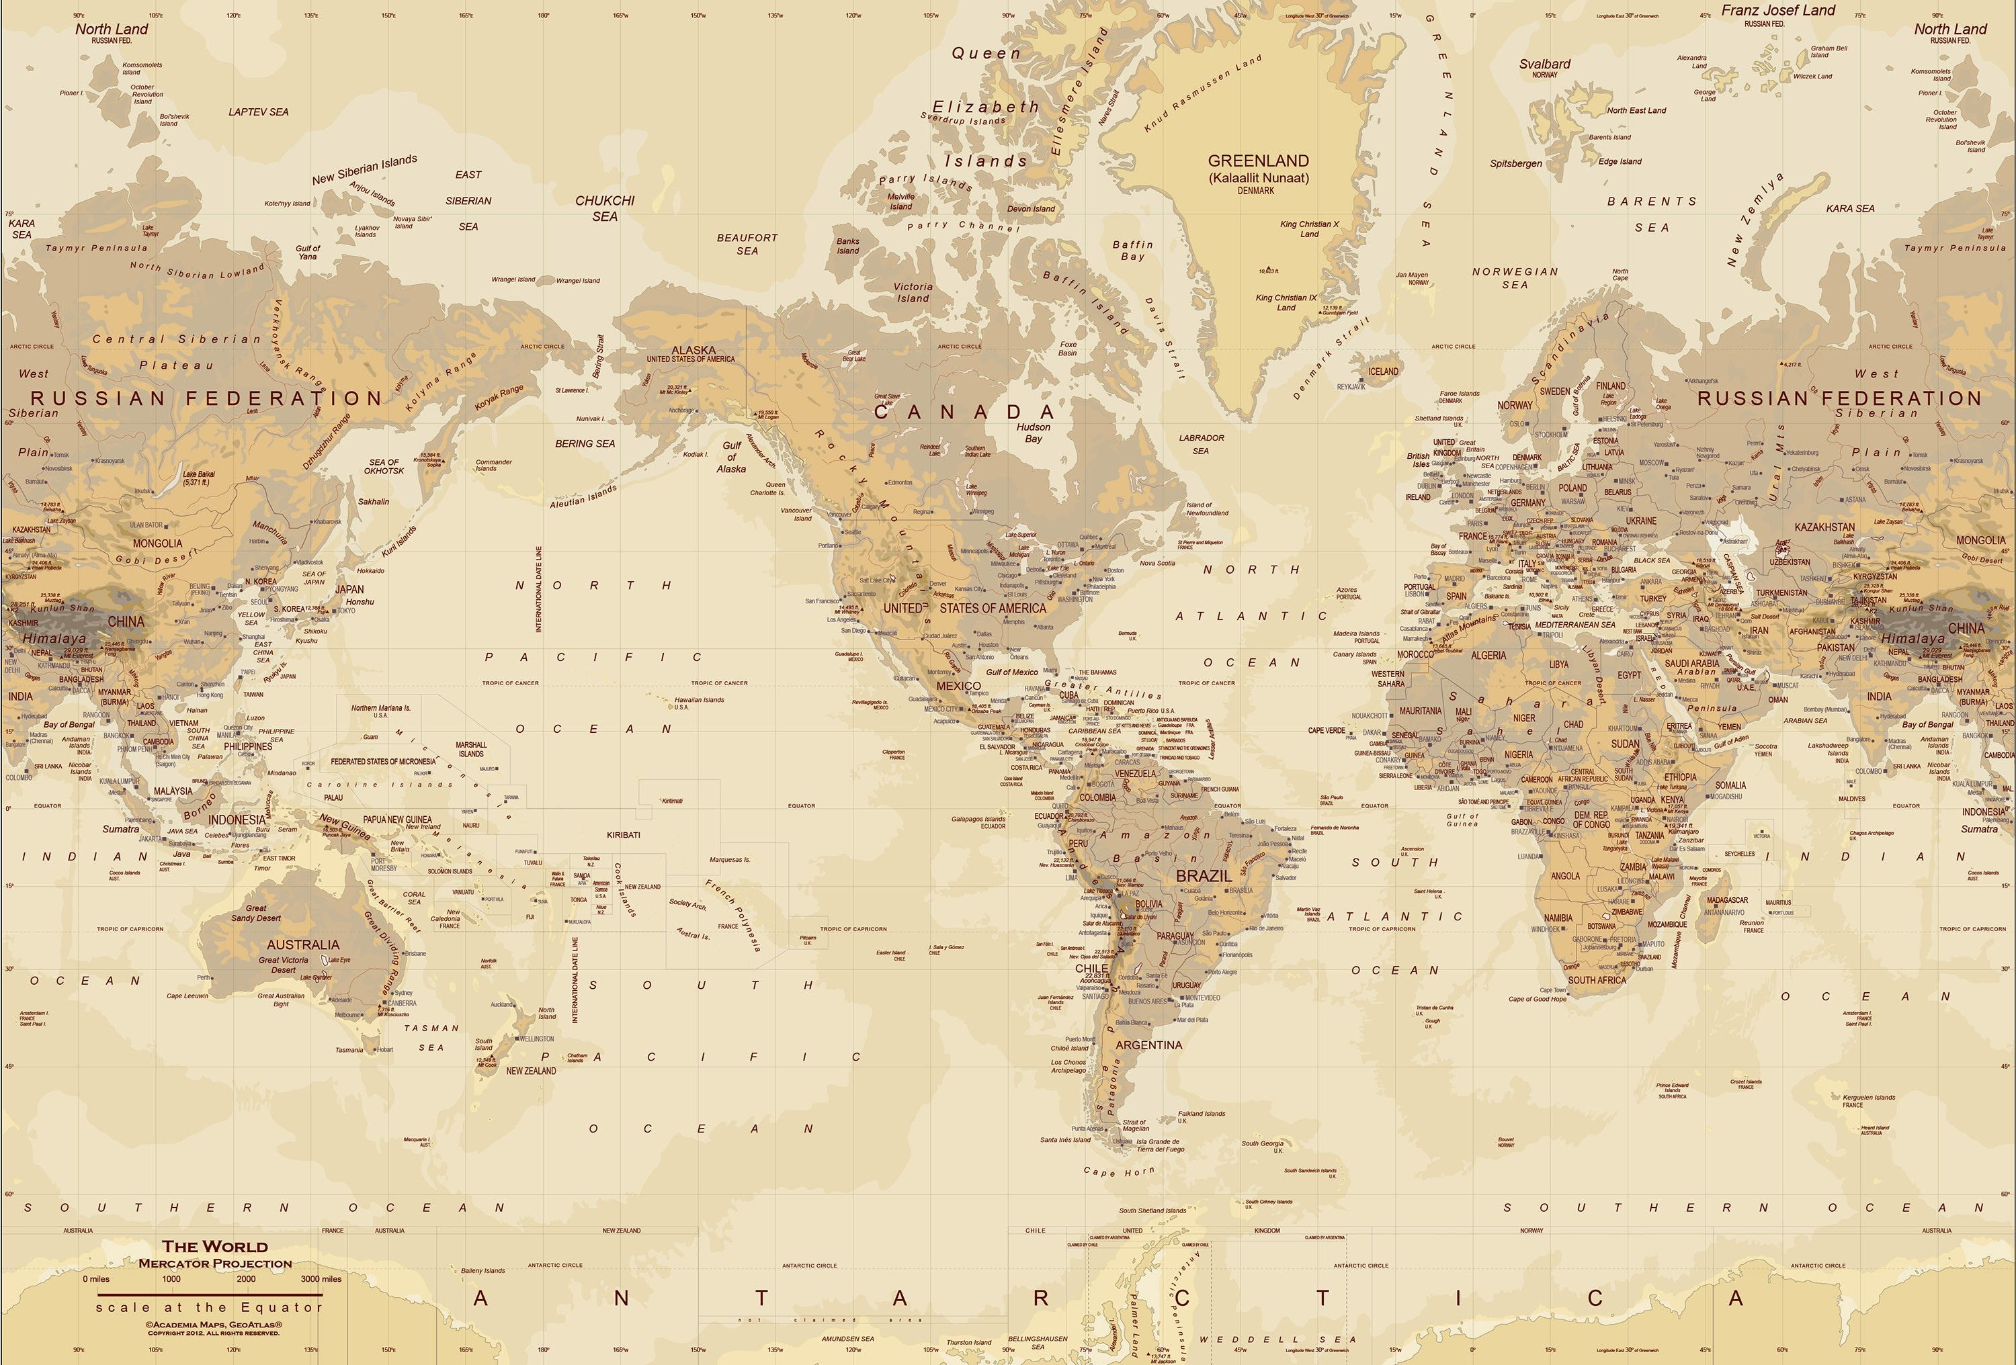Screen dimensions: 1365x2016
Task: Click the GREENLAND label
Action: [1258, 161]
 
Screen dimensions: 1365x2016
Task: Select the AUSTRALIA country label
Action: [303, 944]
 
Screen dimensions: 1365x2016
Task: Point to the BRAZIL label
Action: [1203, 876]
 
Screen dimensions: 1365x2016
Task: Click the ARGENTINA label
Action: [1148, 1045]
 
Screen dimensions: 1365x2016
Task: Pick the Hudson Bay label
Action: [1033, 433]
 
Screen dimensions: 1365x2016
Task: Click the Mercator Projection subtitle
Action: [214, 1263]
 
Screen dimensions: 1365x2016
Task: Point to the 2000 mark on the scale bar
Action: [247, 1278]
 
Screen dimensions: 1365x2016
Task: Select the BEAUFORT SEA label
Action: [747, 244]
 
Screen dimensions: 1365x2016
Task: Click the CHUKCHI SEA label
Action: [605, 208]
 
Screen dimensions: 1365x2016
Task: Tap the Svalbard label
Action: [1545, 64]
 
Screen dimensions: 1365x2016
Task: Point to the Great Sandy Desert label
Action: [256, 913]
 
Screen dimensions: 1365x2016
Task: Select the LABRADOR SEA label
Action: [1202, 444]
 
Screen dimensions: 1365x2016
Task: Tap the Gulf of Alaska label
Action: [731, 457]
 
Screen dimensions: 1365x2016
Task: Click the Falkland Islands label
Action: [1202, 1114]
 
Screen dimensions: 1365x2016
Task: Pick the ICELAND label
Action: [1383, 371]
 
